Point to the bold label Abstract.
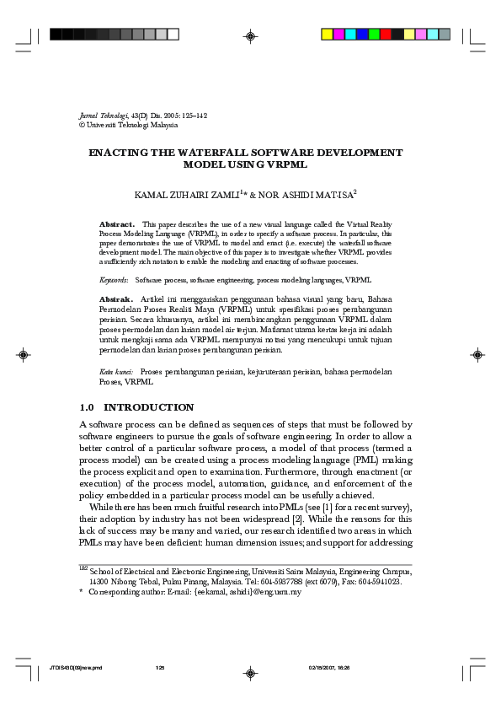coord(117,224)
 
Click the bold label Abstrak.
coord(116,299)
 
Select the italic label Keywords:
coord(114,279)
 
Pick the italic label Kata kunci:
coord(116,371)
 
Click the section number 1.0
coord(88,407)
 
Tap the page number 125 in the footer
coord(160,668)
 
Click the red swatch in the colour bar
coord(386,35)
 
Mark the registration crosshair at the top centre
coord(250,35)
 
